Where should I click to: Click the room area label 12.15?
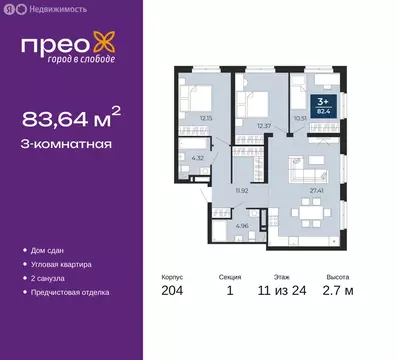[206, 117]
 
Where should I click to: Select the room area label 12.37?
[264, 123]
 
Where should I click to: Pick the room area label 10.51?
[300, 117]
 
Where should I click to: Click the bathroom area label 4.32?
[198, 156]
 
